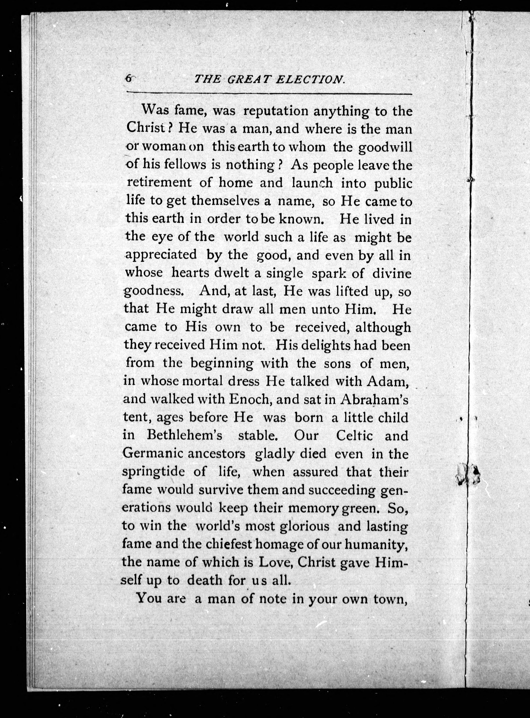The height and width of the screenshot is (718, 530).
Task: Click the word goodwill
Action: (385, 148)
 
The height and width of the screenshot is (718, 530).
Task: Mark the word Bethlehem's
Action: (184, 436)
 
